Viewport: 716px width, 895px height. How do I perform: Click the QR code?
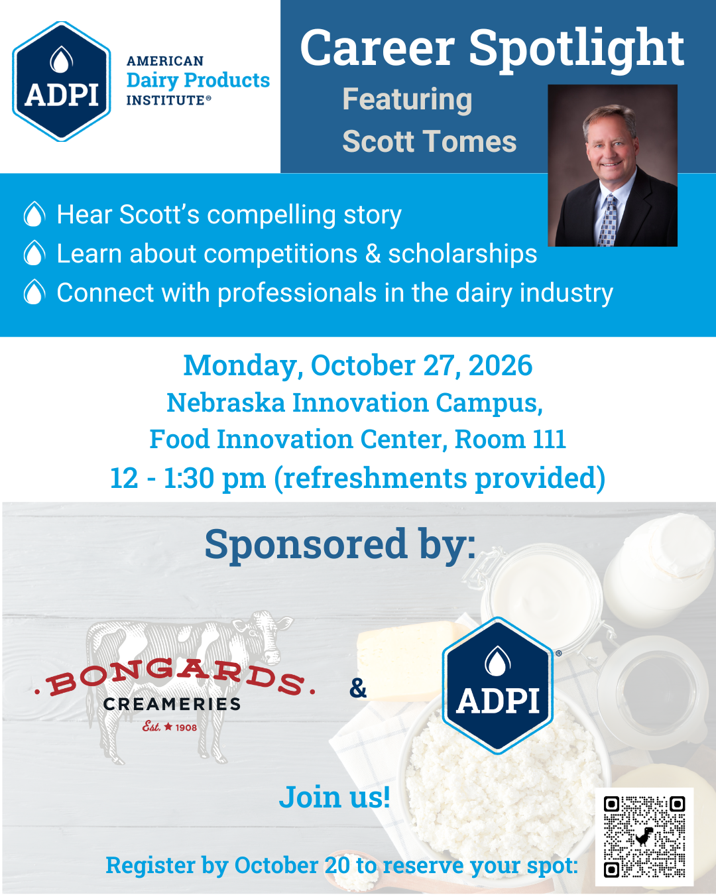[644, 837]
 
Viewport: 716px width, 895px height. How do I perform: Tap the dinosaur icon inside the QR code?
[643, 837]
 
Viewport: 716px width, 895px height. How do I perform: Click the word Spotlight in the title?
[577, 49]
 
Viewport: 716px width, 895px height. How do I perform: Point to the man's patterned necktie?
[608, 220]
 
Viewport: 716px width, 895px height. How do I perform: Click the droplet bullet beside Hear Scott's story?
[34, 214]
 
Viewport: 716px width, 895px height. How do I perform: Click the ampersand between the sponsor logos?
[358, 688]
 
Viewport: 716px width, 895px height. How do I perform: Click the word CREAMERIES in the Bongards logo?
[172, 705]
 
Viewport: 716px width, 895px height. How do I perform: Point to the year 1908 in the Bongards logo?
[186, 728]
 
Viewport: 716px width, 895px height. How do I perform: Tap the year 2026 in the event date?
[500, 365]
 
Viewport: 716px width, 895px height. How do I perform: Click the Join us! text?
[335, 797]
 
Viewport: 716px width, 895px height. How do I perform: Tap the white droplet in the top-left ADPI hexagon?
[62, 59]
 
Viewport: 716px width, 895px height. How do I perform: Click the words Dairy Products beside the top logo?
[198, 81]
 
